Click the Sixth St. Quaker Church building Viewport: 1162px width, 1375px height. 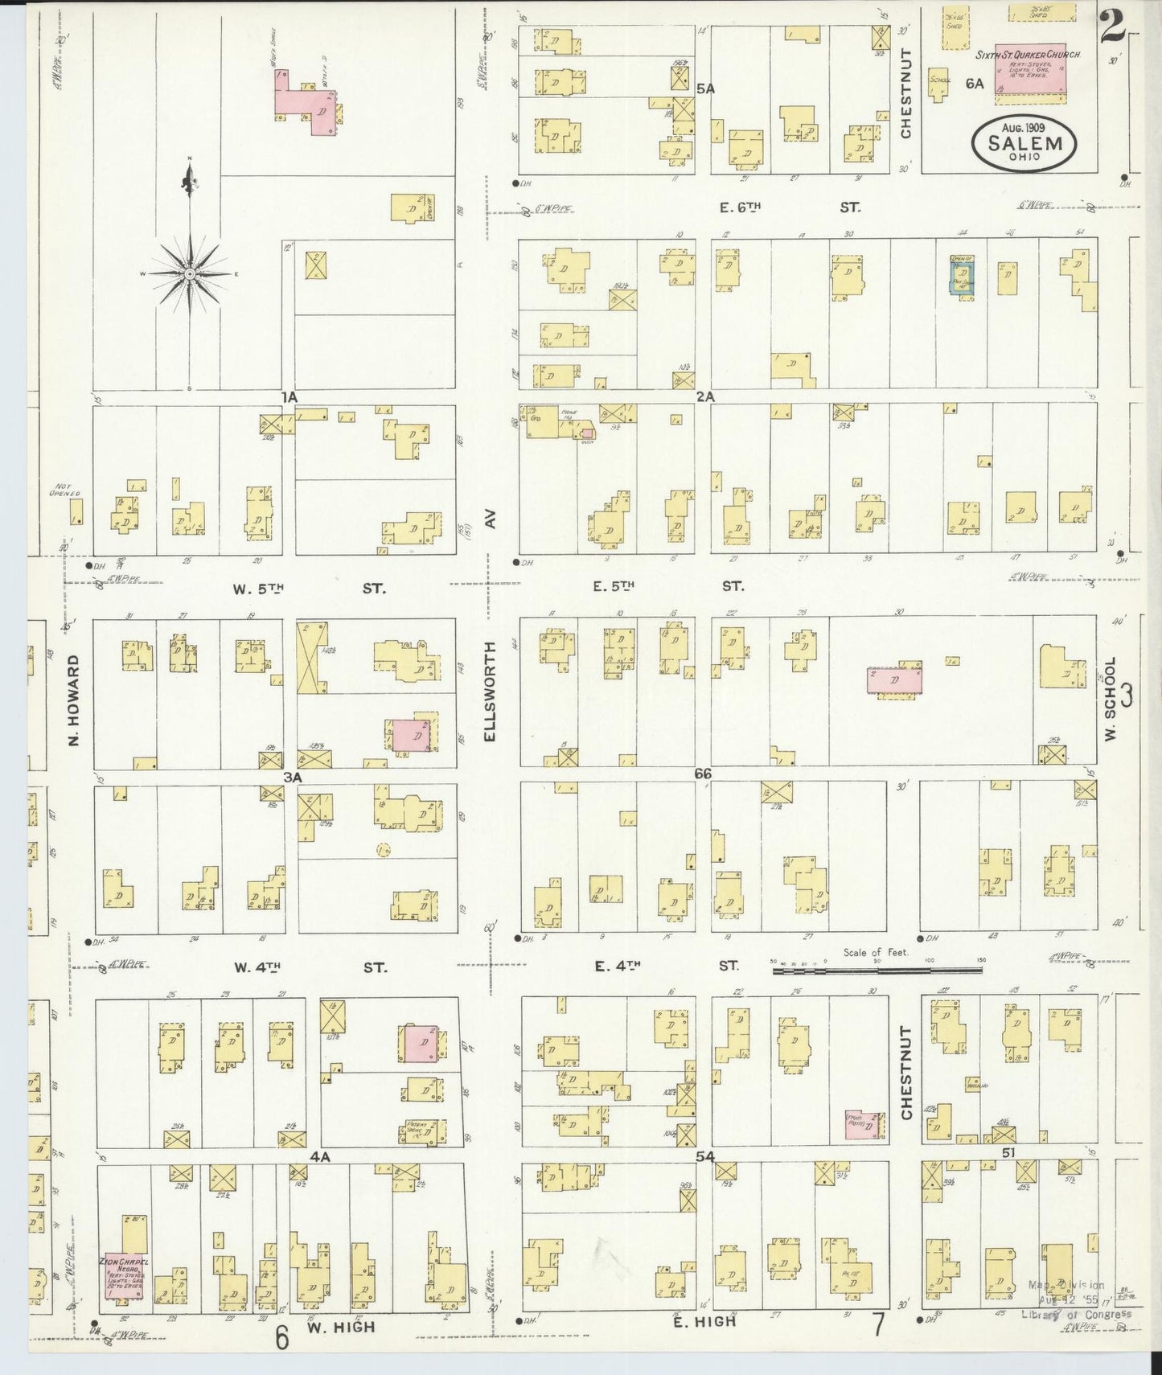pos(1030,72)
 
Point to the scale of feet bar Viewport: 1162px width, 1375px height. pos(877,971)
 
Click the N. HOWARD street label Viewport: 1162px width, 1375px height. pos(73,699)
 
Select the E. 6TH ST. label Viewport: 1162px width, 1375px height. pos(739,207)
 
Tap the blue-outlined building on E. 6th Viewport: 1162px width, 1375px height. pos(961,279)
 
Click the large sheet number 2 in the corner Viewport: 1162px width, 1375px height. pos(1113,28)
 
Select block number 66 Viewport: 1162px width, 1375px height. pos(704,774)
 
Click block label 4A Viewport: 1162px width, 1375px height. pos(320,1156)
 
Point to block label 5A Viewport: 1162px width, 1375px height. pos(705,88)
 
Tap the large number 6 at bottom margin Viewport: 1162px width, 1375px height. pos(281,1338)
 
